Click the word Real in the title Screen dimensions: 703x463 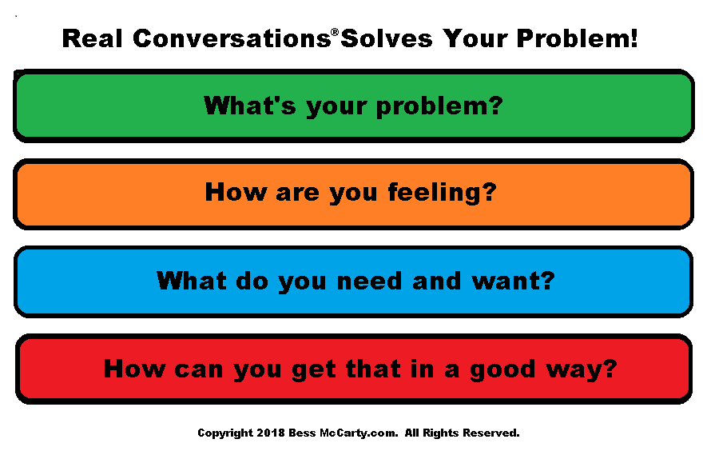coord(92,38)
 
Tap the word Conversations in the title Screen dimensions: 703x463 coord(232,38)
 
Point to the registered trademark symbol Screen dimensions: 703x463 coord(335,32)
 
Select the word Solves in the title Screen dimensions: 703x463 coord(387,38)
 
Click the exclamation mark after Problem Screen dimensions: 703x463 coord(633,38)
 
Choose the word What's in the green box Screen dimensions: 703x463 coord(250,106)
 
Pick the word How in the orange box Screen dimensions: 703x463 coord(236,192)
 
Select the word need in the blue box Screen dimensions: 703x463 coord(369,281)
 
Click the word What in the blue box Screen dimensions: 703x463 coord(192,281)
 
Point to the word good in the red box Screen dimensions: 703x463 coord(502,369)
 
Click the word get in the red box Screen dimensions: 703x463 coord(313,370)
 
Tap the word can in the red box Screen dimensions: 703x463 coord(198,370)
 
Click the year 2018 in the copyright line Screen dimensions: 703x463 coord(271,433)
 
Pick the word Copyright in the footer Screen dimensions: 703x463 coord(225,433)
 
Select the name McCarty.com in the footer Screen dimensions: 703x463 coord(358,433)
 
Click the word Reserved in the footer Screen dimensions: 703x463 coord(491,433)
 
